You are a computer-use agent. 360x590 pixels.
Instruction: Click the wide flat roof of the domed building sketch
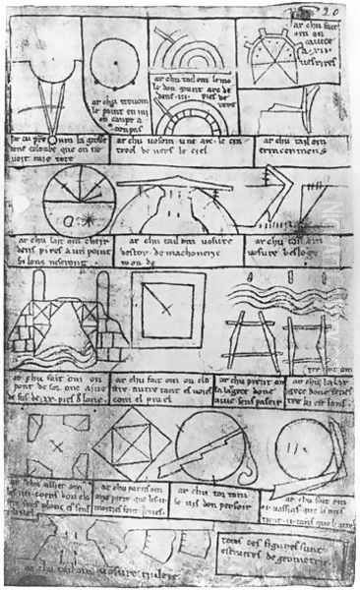[x=176, y=184]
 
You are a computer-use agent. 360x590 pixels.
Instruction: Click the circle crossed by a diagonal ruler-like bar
[x=210, y=448]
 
